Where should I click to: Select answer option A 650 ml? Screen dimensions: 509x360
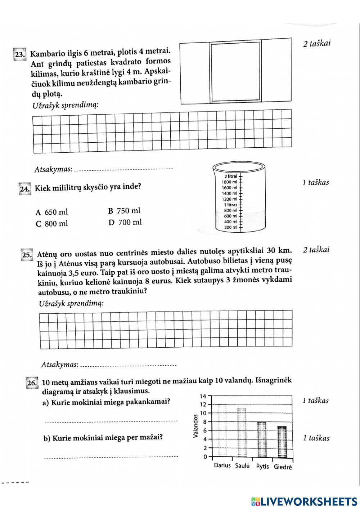click(52, 212)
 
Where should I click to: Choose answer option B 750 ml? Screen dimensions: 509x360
click(124, 211)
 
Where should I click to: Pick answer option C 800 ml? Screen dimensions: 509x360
click(52, 224)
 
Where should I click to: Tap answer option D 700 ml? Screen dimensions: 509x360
click(125, 222)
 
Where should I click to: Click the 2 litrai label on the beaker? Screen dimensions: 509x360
click(230, 176)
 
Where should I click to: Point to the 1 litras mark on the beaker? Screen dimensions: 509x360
click(231, 205)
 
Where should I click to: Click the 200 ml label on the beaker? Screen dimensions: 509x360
click(231, 227)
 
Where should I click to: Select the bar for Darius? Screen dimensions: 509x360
click(222, 431)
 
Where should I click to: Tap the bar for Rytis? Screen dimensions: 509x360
click(262, 439)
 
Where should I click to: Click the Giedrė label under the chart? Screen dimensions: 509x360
click(283, 467)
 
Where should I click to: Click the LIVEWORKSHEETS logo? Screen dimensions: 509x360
click(305, 501)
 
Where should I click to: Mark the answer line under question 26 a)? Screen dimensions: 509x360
click(111, 421)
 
